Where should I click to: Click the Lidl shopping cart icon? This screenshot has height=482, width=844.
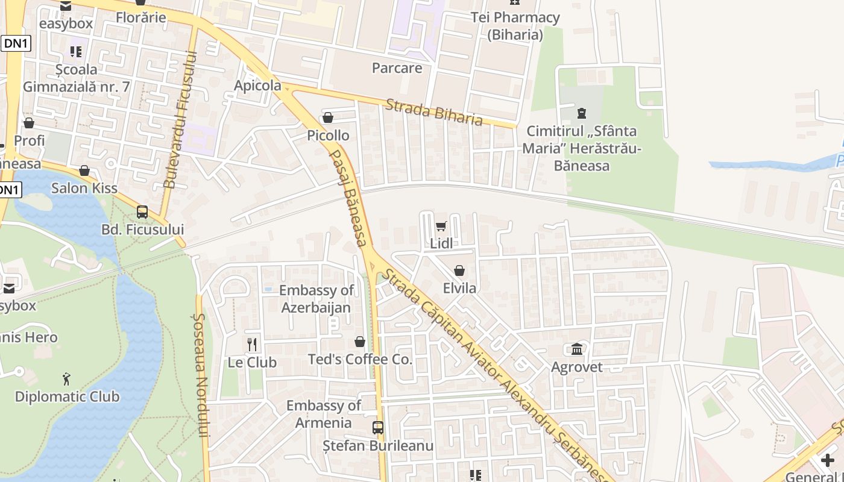point(441,227)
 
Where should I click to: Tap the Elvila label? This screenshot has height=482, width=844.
point(459,288)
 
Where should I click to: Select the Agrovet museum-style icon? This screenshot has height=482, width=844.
point(577,349)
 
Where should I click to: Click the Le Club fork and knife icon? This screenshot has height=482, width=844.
point(252,345)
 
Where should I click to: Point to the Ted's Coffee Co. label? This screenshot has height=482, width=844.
point(360,360)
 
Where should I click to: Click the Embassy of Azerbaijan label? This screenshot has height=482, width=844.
point(316,299)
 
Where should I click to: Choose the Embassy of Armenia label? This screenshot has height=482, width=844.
point(323,414)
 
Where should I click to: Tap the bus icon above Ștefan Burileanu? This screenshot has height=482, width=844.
point(378,428)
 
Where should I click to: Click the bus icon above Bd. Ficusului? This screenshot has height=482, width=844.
point(142,212)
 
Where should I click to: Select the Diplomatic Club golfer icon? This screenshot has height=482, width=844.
point(66,379)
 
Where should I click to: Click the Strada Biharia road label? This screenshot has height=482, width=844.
point(433,112)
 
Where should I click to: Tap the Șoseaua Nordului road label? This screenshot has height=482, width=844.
point(202,374)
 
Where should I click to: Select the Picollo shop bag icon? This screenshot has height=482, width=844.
point(328,117)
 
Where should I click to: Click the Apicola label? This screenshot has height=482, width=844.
point(257,86)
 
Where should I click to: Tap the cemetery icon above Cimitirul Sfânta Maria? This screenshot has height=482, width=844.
point(581,113)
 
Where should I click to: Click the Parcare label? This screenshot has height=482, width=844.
point(397,68)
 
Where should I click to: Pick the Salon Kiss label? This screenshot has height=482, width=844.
point(84,188)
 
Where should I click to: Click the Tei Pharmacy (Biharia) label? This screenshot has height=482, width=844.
point(515,26)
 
